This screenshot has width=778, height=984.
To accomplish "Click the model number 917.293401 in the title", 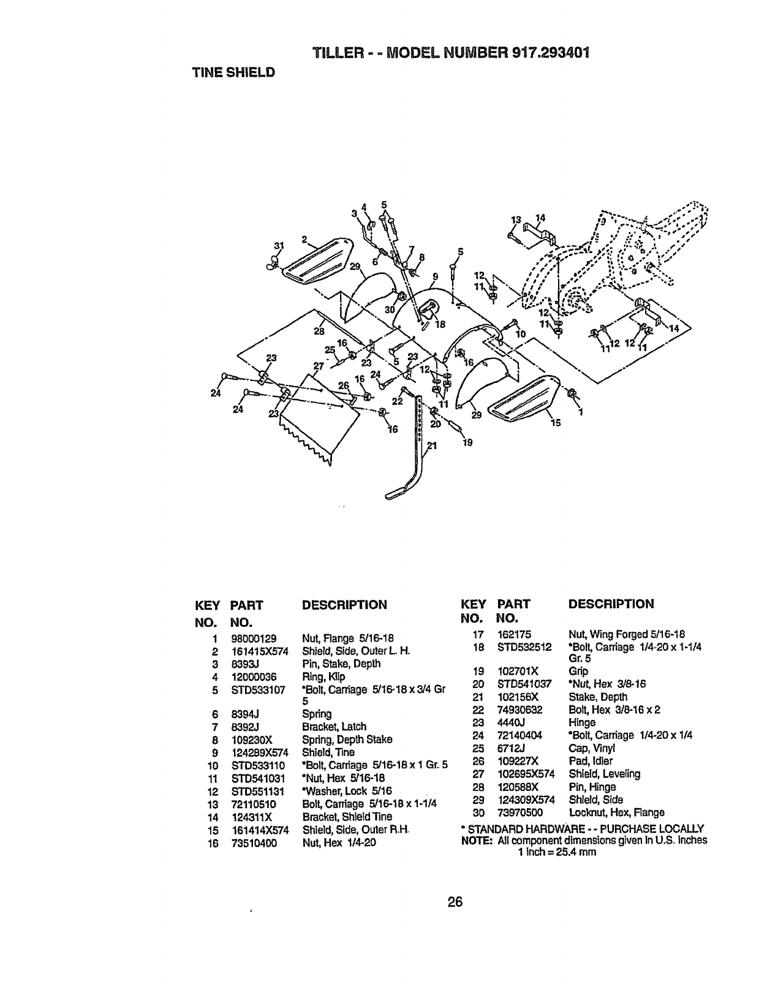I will click(550, 51).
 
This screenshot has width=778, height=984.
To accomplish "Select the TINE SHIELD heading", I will click(233, 72).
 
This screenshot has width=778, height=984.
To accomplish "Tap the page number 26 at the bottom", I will click(455, 901).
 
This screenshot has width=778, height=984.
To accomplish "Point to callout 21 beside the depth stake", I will click(431, 446).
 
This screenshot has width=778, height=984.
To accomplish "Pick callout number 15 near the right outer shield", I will click(556, 422).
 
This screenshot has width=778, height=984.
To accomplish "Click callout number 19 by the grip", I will click(468, 442).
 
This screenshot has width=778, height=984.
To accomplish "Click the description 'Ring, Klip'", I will click(323, 677).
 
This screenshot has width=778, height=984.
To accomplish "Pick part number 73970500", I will click(519, 812).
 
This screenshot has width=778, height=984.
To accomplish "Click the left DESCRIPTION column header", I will click(344, 605).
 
